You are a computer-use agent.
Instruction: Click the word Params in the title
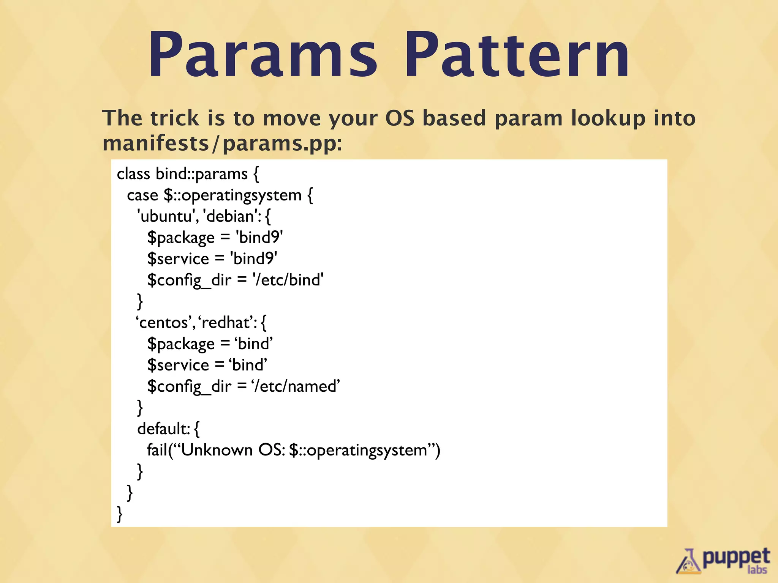pyautogui.click(x=262, y=55)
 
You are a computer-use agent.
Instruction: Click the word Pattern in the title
pyautogui.click(x=517, y=55)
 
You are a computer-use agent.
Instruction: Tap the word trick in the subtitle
pyautogui.click(x=174, y=118)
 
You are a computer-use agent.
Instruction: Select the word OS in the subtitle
pyautogui.click(x=400, y=118)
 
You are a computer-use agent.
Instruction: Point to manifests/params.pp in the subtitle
pyautogui.click(x=222, y=144)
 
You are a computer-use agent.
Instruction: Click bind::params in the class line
pyautogui.click(x=201, y=174)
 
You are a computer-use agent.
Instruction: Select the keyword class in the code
pyautogui.click(x=133, y=174)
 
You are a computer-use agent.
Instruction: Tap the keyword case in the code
pyautogui.click(x=142, y=195)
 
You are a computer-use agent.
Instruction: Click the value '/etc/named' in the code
pyautogui.click(x=296, y=386)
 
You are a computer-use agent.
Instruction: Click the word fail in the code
pyautogui.click(x=157, y=450)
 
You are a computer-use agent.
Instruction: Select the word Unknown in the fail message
pyautogui.click(x=217, y=450)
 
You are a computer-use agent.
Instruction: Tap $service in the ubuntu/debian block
pyautogui.click(x=178, y=259)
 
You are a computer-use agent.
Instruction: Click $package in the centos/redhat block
pyautogui.click(x=181, y=344)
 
